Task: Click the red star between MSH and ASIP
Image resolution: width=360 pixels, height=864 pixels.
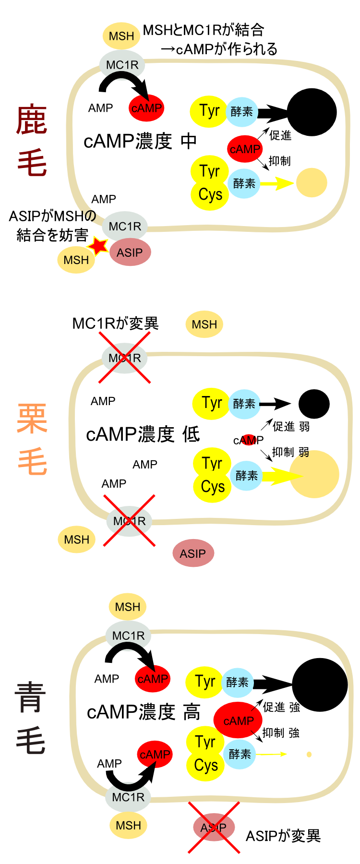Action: pyautogui.click(x=99, y=246)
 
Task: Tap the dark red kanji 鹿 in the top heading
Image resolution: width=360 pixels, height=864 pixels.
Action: pyautogui.click(x=32, y=120)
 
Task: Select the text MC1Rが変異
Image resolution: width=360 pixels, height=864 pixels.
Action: pyautogui.click(x=115, y=324)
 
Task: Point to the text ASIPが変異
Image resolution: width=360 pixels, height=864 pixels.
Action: pyautogui.click(x=283, y=836)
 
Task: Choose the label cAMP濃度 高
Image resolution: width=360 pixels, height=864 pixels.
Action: pyautogui.click(x=144, y=712)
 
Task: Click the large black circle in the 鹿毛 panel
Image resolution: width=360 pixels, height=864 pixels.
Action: pyautogui.click(x=312, y=112)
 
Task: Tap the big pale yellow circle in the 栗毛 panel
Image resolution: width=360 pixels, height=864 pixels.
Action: pyautogui.click(x=314, y=474)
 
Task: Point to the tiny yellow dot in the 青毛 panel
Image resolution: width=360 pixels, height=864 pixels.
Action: pyautogui.click(x=309, y=754)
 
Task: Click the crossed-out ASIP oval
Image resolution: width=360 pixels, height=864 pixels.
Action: pyautogui.click(x=214, y=828)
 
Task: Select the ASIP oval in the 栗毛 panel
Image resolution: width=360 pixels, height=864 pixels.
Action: pyautogui.click(x=193, y=553)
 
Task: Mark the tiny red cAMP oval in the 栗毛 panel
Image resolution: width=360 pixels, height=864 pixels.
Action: pyautogui.click(x=249, y=440)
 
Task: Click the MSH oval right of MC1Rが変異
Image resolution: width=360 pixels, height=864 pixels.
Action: pyautogui.click(x=204, y=324)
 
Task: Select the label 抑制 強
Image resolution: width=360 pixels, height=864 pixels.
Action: pyautogui.click(x=281, y=733)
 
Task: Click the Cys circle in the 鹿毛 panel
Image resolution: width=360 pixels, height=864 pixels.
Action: pyautogui.click(x=210, y=195)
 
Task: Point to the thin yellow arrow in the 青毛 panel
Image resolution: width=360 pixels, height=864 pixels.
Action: pyautogui.click(x=271, y=754)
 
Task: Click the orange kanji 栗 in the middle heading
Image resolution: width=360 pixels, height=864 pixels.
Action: pyautogui.click(x=32, y=419)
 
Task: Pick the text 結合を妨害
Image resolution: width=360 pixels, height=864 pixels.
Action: pyautogui.click(x=52, y=235)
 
